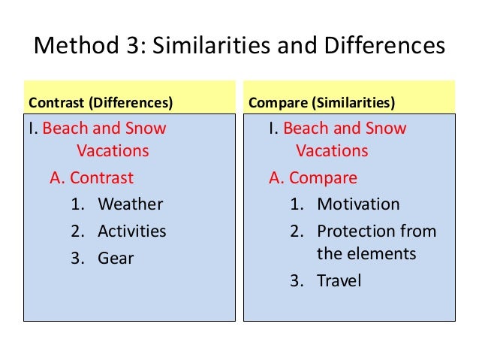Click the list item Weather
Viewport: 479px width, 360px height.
pyautogui.click(x=130, y=204)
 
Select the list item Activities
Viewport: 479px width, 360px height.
pyautogui.click(x=132, y=231)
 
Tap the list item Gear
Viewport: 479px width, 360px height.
pyautogui.click(x=116, y=258)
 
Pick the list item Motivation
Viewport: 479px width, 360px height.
pyautogui.click(x=358, y=204)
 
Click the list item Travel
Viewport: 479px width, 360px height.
pyautogui.click(x=339, y=281)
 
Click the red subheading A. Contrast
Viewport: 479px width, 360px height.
pyautogui.click(x=91, y=178)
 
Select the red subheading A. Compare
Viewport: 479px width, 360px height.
pyautogui.click(x=313, y=178)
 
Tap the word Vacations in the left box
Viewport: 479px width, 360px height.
pyautogui.click(x=113, y=151)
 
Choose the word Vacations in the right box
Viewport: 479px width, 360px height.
pyautogui.click(x=332, y=151)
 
